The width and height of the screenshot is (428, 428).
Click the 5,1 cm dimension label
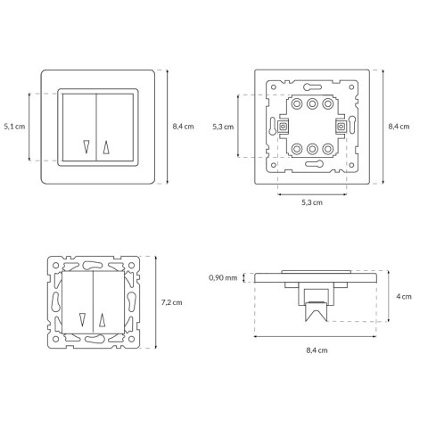click(14, 127)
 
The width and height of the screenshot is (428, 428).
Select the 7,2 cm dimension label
click(172, 302)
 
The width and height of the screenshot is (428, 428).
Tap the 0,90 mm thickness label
click(223, 278)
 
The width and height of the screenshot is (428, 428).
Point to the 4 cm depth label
click(404, 296)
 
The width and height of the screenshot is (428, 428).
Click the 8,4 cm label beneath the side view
click(317, 350)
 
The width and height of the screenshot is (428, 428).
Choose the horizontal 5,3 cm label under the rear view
click(312, 202)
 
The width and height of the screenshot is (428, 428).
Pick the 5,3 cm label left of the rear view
click(223, 127)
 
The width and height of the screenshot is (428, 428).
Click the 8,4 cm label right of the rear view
click(399, 127)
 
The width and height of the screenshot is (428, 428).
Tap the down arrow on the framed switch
click(86, 147)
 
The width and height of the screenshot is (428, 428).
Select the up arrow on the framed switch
click(106, 147)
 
